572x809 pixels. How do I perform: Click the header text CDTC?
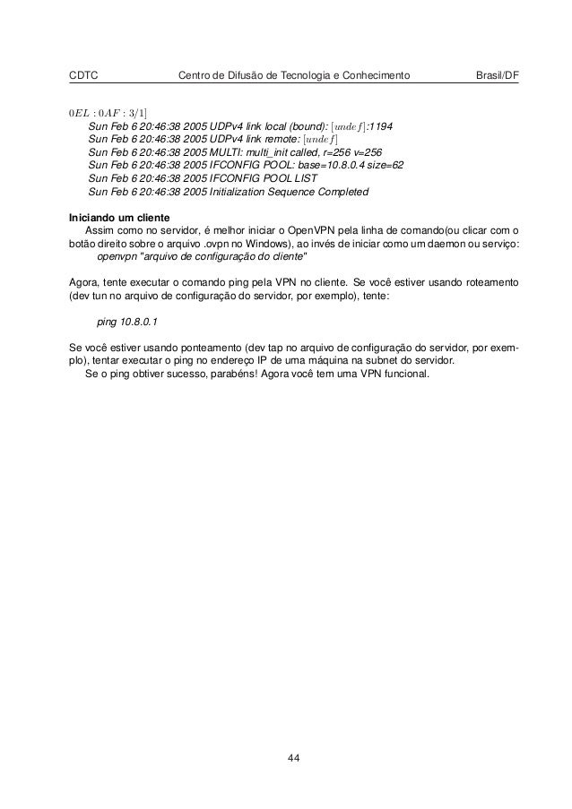(83, 74)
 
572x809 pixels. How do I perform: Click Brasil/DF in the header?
(497, 74)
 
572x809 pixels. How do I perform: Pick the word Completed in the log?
(342, 192)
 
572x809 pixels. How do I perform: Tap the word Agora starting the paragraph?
(83, 281)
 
